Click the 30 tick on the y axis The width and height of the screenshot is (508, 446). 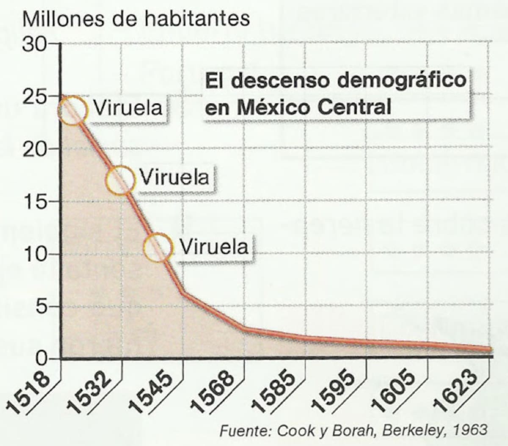click(x=35, y=44)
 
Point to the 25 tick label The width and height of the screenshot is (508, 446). click(x=35, y=97)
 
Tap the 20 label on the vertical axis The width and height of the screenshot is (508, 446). click(x=35, y=149)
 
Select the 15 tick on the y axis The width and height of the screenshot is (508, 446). click(x=35, y=202)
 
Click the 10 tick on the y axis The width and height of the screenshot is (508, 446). click(x=35, y=255)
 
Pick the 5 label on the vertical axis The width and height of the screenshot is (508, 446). click(x=41, y=307)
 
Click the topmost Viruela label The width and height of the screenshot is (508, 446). click(x=128, y=108)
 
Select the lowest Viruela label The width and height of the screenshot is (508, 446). click(x=214, y=247)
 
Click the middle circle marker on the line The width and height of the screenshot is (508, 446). click(x=121, y=180)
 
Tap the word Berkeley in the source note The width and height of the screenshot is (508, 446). click(x=411, y=430)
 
